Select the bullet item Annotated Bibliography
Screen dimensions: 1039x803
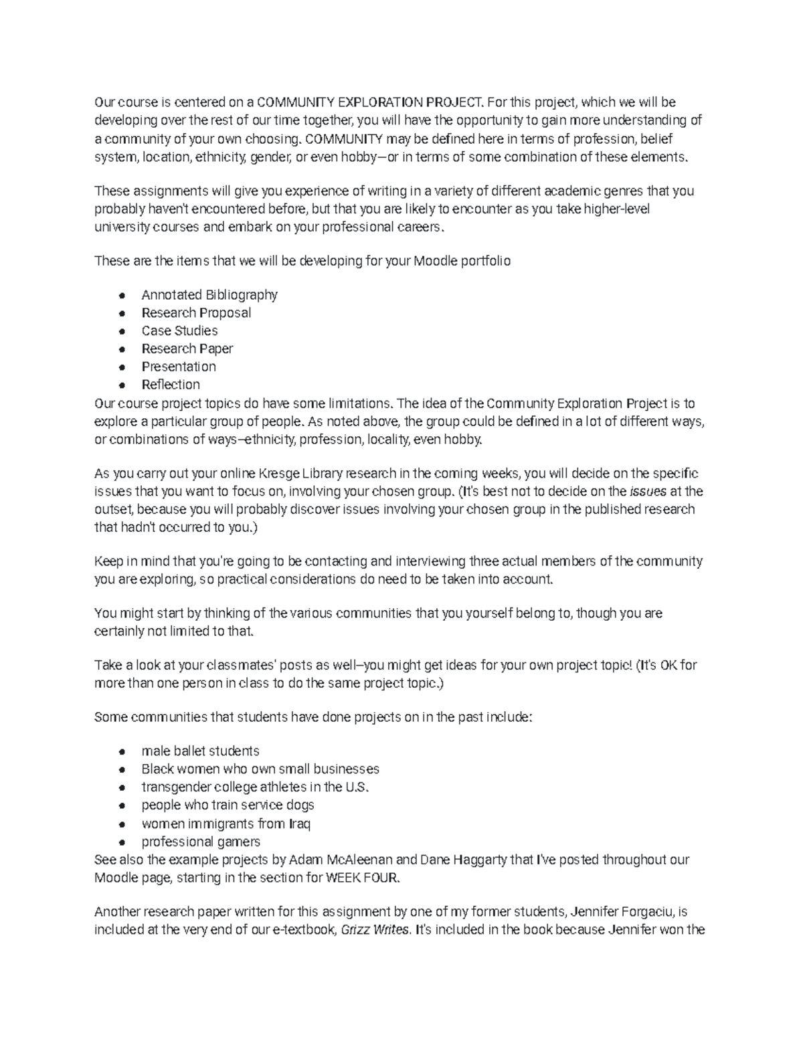tap(209, 294)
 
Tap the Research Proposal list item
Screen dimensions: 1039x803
tap(196, 312)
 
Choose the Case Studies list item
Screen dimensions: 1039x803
tap(179, 330)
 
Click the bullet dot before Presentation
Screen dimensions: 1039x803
tap(121, 367)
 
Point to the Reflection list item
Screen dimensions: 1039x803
tap(171, 385)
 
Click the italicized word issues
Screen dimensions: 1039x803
tap(648, 492)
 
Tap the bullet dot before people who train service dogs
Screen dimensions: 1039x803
tap(121, 806)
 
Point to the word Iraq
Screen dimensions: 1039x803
tap(299, 824)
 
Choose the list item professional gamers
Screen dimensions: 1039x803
tap(201, 842)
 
